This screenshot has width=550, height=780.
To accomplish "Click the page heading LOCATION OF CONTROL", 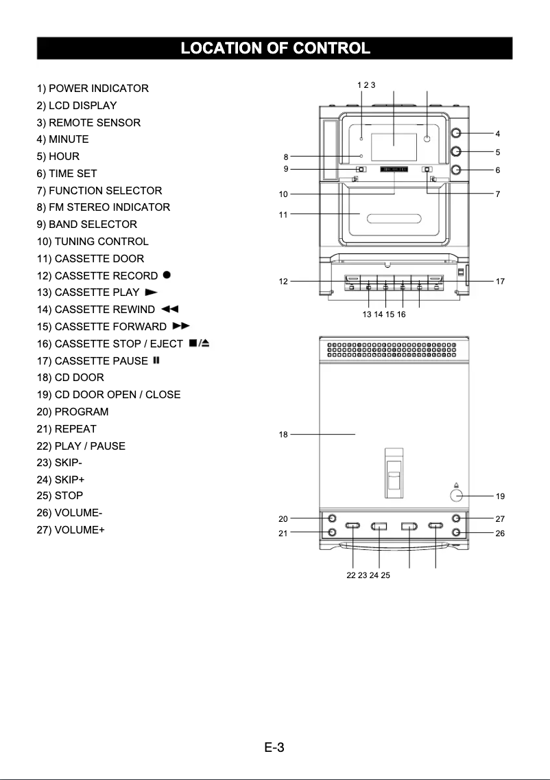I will [x=274, y=49].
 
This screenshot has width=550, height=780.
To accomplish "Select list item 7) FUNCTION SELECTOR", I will [x=99, y=190].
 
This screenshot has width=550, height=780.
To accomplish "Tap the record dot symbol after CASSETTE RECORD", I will [x=167, y=275].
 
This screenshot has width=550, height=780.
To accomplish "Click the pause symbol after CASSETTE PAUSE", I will [x=156, y=360].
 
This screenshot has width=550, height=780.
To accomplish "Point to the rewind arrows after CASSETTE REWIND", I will [x=169, y=309].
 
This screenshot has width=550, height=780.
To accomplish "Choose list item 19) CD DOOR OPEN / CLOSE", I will [x=108, y=395].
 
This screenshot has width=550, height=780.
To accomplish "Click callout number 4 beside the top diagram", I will [x=498, y=133].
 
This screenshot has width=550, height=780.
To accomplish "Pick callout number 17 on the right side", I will [x=500, y=281].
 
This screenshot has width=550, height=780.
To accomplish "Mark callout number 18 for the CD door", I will [x=283, y=435].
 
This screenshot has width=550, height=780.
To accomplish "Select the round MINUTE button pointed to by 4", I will [x=457, y=133].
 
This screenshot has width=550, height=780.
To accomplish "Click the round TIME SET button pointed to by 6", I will [x=457, y=170].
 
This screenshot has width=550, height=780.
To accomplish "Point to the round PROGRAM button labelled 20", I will [x=332, y=518].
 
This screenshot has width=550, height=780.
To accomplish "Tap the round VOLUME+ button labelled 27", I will [x=457, y=518].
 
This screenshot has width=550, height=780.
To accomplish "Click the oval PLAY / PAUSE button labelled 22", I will [x=352, y=527].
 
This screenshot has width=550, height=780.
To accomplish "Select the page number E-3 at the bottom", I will [x=274, y=747].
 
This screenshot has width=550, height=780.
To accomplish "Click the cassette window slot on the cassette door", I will [x=394, y=220].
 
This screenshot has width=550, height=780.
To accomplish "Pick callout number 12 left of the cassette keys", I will [x=283, y=281].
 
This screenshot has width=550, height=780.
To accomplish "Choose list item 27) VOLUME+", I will [x=71, y=530].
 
